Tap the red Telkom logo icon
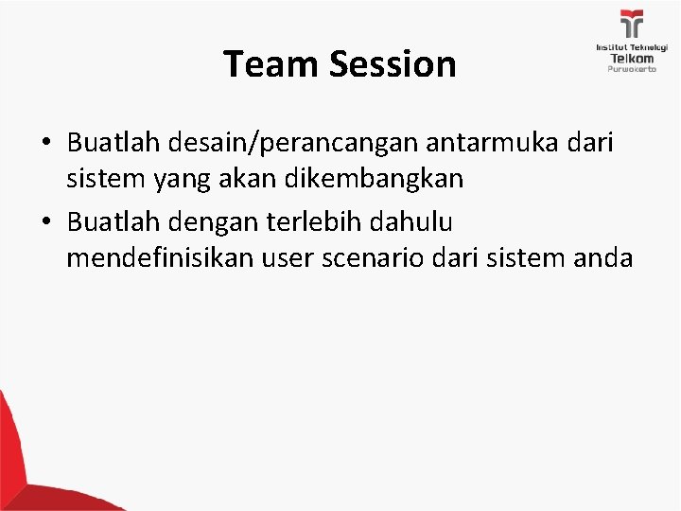click(x=631, y=26)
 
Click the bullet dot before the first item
click(x=46, y=143)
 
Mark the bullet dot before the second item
click(x=46, y=222)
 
